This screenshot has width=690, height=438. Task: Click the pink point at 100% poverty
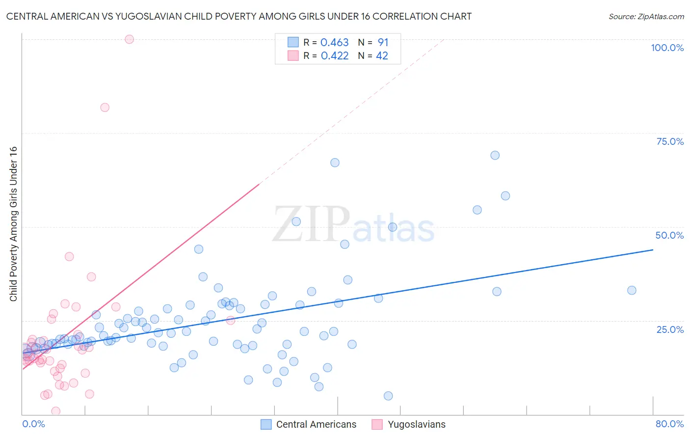(x=130, y=39)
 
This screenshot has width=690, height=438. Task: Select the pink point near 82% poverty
(x=105, y=108)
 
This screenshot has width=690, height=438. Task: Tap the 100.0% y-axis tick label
(x=667, y=48)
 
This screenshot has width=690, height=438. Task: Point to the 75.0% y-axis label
(x=670, y=141)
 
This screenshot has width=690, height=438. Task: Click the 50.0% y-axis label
(x=669, y=235)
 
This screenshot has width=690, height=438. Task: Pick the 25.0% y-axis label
(x=670, y=329)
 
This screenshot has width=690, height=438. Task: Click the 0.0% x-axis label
(x=33, y=424)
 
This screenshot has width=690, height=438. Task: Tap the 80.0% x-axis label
(x=669, y=424)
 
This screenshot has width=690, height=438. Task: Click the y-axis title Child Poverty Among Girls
(x=13, y=224)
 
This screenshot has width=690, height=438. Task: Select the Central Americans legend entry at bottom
(x=309, y=424)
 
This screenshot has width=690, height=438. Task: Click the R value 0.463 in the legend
(x=334, y=43)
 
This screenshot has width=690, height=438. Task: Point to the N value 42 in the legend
(x=382, y=56)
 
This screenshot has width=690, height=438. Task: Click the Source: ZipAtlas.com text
(x=646, y=16)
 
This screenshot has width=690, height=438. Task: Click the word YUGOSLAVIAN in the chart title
(x=147, y=16)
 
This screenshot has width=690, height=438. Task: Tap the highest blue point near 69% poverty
(x=495, y=155)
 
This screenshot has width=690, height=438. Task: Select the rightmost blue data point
(x=632, y=290)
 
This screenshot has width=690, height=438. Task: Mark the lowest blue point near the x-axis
(x=388, y=396)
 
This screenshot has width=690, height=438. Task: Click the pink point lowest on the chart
(x=56, y=411)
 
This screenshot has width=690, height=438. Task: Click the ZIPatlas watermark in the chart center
(x=353, y=225)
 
